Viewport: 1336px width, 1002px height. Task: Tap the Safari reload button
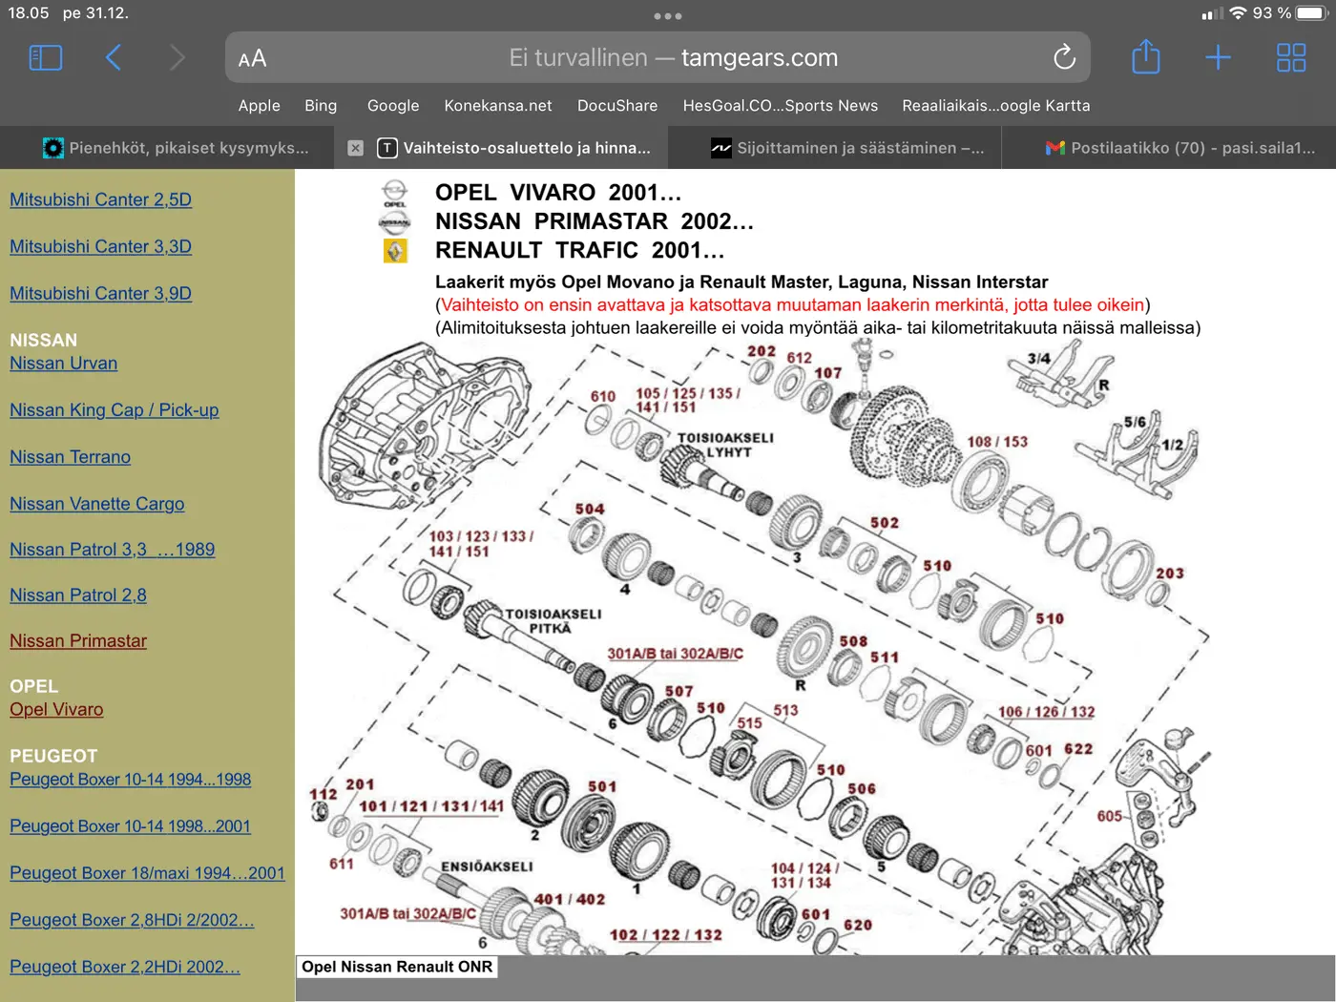(x=1065, y=57)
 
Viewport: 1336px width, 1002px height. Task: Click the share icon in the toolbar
(x=1145, y=56)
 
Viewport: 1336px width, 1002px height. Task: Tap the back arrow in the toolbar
(x=114, y=58)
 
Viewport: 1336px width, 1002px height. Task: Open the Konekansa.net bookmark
(x=498, y=105)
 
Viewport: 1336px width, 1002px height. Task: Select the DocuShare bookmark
(x=617, y=105)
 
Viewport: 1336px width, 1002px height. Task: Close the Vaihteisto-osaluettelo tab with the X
(x=355, y=148)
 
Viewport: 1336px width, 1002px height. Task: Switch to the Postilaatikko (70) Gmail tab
(x=1180, y=148)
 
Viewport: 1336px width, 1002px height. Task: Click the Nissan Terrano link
(x=70, y=457)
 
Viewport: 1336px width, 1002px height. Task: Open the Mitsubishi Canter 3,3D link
(x=100, y=246)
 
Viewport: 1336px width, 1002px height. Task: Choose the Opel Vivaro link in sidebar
(x=56, y=709)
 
